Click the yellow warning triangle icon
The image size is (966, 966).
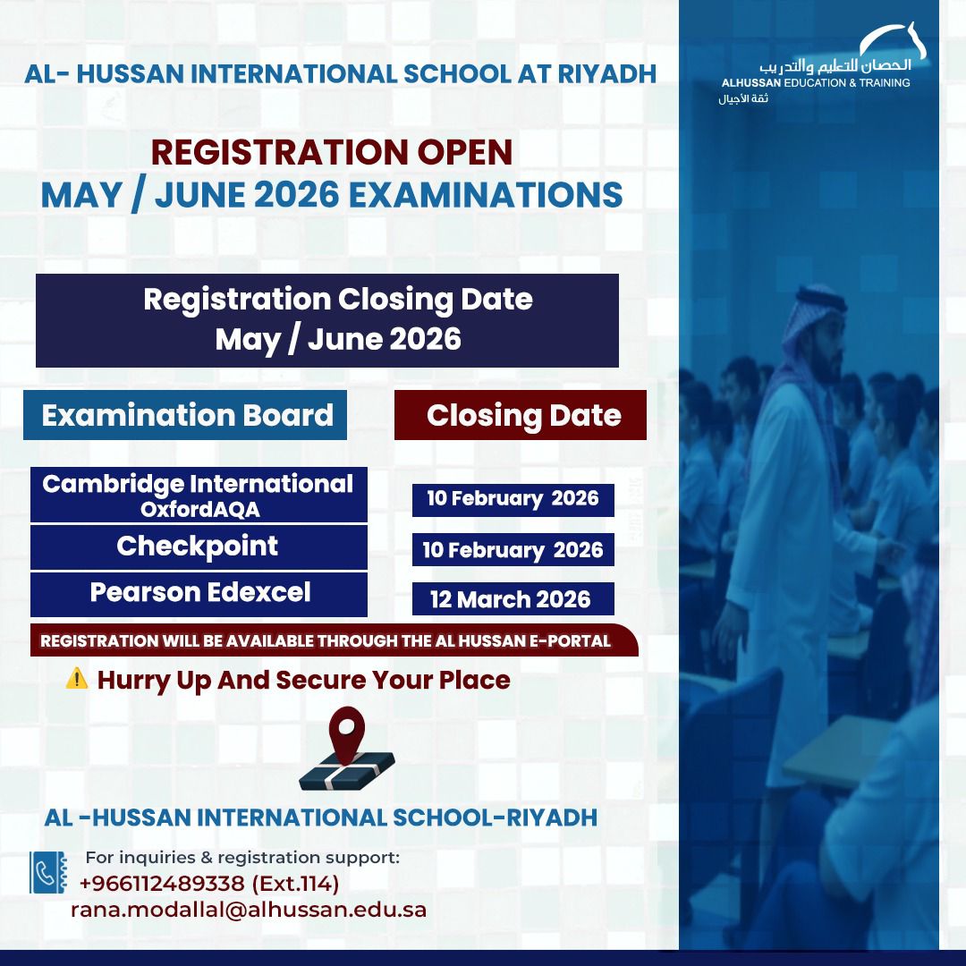(77, 679)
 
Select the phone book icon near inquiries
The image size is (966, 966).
(48, 872)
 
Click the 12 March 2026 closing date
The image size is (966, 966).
(511, 598)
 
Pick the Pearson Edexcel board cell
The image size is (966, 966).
(200, 592)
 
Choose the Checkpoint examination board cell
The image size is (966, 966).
(198, 547)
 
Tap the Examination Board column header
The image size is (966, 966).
(187, 415)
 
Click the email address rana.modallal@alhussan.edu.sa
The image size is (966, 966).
(249, 910)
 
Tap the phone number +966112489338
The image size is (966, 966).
(161, 884)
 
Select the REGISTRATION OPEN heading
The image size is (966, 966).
(332, 152)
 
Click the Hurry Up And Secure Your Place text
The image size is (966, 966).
(303, 680)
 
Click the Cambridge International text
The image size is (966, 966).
(198, 484)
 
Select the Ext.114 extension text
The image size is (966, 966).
(295, 884)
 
